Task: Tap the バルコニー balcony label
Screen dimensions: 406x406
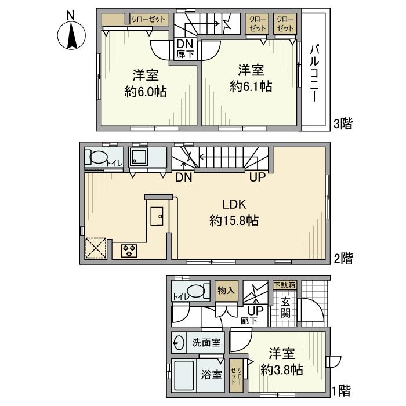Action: click(314, 73)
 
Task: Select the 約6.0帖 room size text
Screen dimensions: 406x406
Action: click(146, 92)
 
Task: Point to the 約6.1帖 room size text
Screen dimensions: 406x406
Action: click(251, 86)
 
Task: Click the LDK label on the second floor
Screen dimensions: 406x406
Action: click(234, 205)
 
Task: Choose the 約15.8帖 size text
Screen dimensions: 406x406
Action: click(234, 221)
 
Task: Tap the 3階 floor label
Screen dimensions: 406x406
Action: click(343, 124)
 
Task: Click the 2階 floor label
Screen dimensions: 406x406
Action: click(343, 258)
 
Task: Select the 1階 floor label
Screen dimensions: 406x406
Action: click(342, 391)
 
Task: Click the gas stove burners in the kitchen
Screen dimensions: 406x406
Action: click(129, 251)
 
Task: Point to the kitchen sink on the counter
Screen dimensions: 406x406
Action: click(157, 216)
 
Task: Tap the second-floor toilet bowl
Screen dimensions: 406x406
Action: click(99, 157)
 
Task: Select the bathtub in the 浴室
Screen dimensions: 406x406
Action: click(184, 375)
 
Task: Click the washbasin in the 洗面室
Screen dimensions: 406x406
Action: click(179, 343)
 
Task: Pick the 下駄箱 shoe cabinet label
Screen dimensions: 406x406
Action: click(285, 285)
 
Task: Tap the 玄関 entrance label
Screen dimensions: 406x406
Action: click(285, 307)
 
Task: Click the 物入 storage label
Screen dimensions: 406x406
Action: click(226, 290)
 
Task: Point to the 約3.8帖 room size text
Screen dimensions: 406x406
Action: click(282, 369)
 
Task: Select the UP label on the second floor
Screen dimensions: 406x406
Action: click(258, 177)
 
